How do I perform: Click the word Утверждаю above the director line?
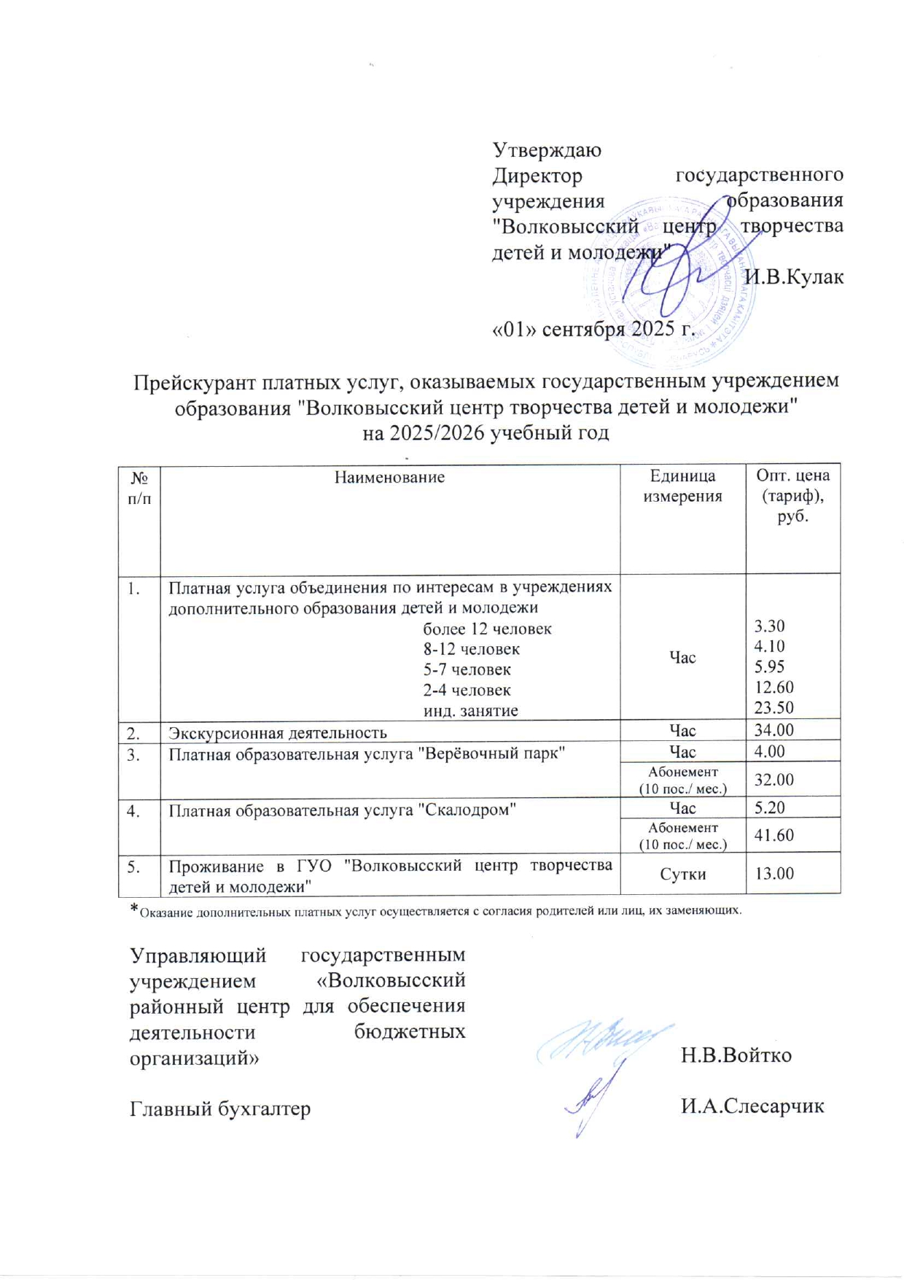click(547, 150)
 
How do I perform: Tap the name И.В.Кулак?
click(794, 277)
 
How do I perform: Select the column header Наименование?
click(389, 478)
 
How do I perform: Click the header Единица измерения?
click(682, 486)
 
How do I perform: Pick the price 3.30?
click(769, 627)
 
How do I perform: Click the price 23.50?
click(774, 707)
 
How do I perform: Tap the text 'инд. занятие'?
click(471, 710)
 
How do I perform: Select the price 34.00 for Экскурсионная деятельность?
click(774, 730)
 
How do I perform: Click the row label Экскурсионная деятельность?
click(278, 733)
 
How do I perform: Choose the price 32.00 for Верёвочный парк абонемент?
click(774, 780)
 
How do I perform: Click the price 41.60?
click(774, 835)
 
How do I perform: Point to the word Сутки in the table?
click(682, 874)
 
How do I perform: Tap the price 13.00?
click(774, 874)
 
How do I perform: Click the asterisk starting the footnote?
click(133, 909)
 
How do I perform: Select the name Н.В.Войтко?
click(736, 1055)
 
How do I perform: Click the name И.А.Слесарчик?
click(752, 1106)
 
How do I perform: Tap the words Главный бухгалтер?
click(220, 1109)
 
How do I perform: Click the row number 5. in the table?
click(134, 866)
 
